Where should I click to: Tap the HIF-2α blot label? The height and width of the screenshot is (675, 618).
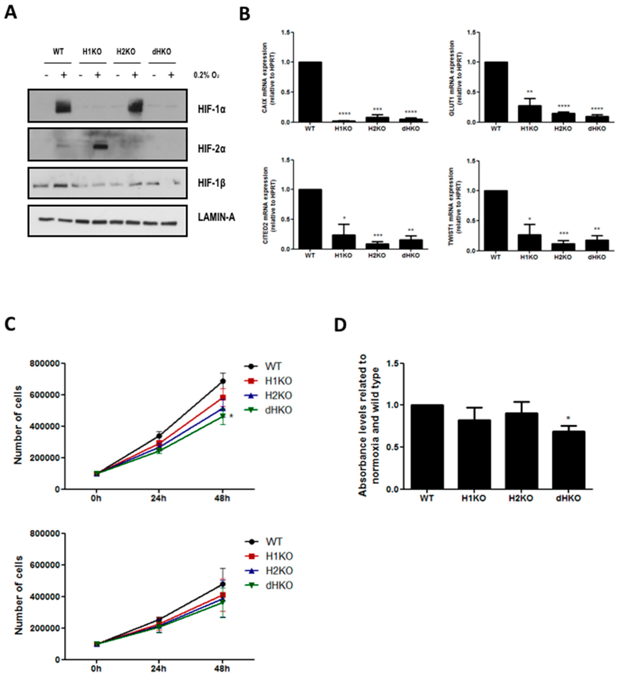click(212, 149)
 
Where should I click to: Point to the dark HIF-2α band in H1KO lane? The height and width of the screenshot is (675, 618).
click(97, 146)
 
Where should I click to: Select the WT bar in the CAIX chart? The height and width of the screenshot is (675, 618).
click(310, 92)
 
